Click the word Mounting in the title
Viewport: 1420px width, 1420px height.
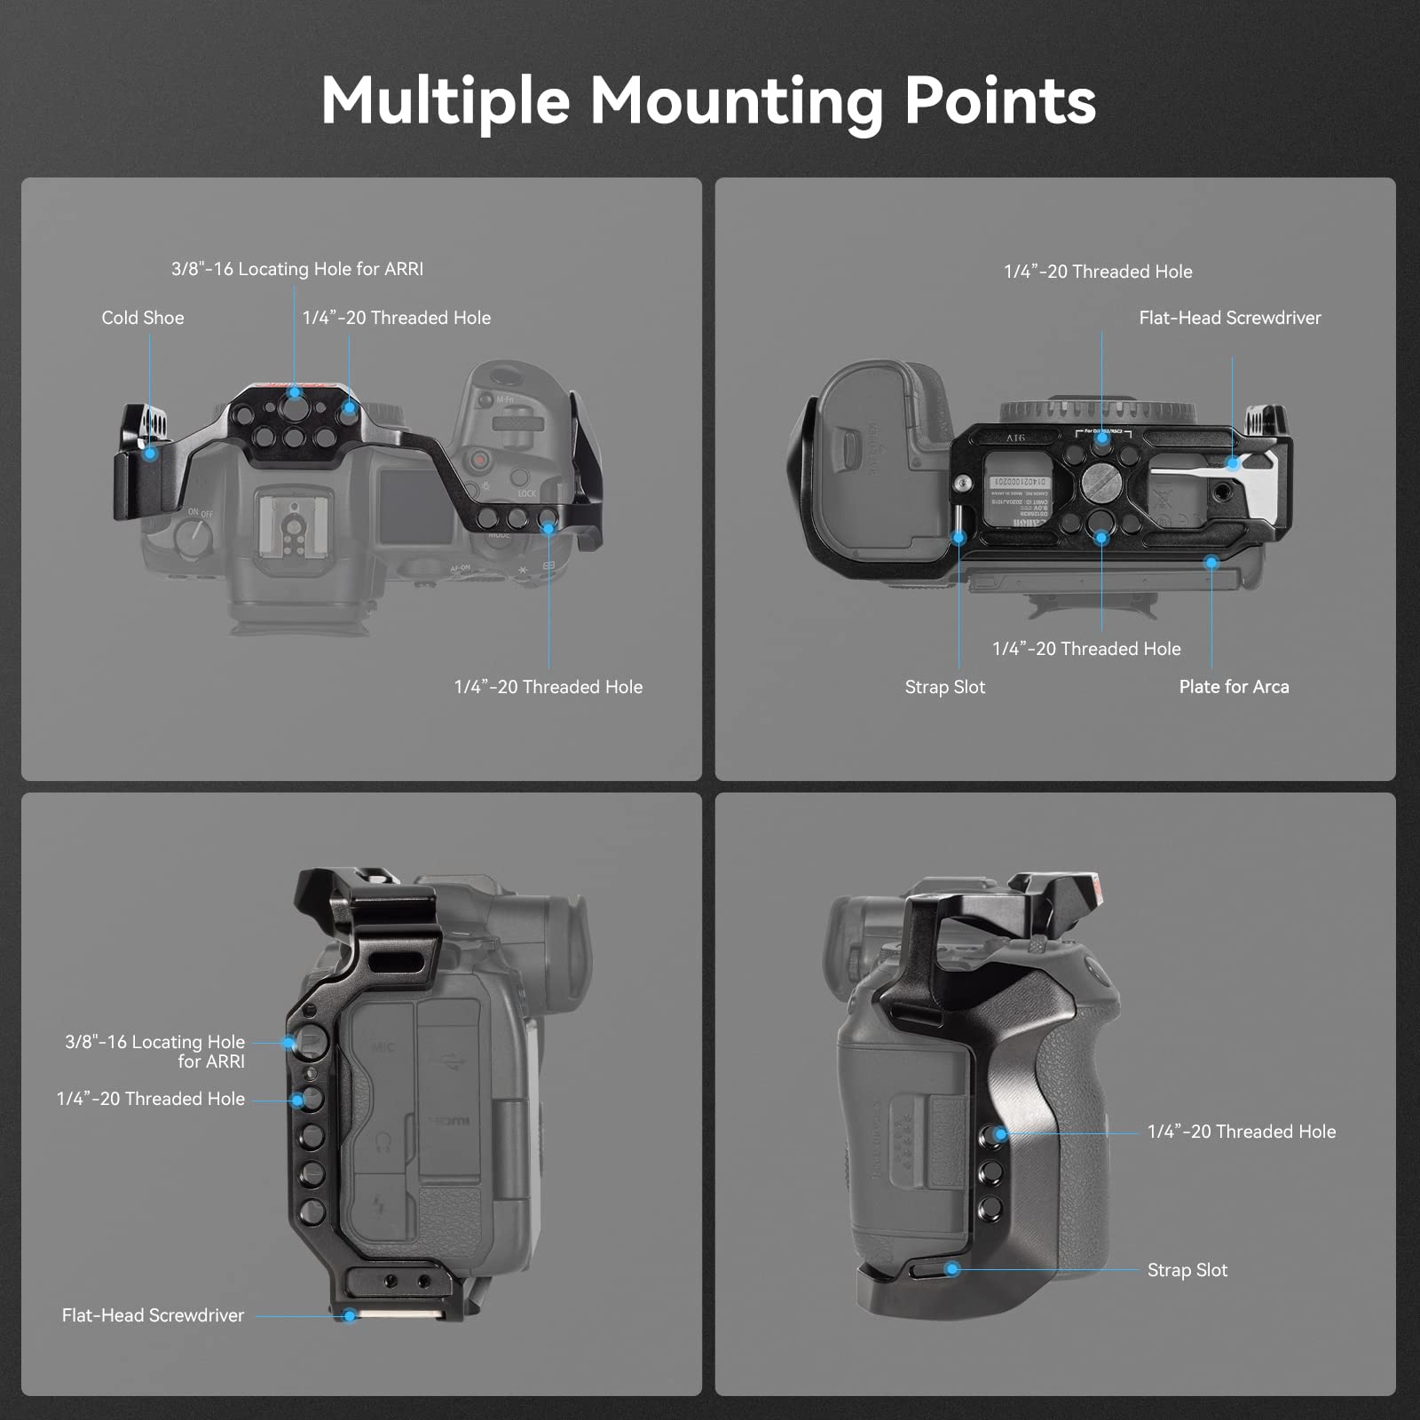point(737,101)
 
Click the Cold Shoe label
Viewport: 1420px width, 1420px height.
point(143,318)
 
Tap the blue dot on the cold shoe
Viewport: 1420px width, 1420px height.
point(151,454)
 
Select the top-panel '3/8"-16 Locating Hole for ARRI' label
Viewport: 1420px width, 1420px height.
point(297,269)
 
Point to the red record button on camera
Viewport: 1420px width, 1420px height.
point(480,460)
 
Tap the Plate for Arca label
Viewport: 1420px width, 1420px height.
point(1234,687)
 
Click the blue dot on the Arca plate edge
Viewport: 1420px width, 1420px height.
point(1211,562)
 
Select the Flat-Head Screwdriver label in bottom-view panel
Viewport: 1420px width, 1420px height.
point(1230,318)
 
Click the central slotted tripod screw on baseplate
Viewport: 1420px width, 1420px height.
point(1101,482)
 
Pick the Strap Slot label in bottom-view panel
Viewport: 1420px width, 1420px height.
point(944,687)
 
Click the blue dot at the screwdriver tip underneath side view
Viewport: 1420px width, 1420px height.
point(351,1315)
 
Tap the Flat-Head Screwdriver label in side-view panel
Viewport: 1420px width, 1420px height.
point(153,1315)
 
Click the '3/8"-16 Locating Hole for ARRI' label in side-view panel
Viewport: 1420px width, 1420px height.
point(155,1052)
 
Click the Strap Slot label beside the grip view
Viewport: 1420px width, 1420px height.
point(1187,1270)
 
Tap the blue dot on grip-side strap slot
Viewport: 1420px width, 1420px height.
point(952,1269)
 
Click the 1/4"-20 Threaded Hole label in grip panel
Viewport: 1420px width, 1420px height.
point(1241,1132)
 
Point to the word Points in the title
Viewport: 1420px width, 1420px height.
point(1000,101)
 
